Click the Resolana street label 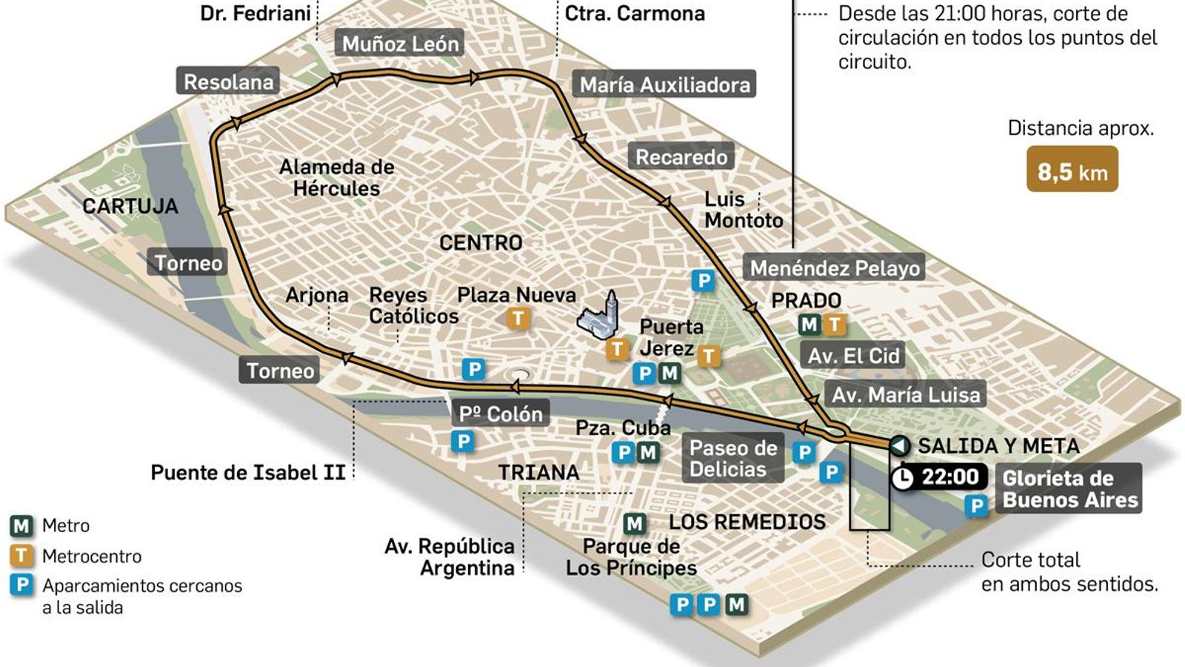tap(228, 82)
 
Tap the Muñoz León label tap(400, 44)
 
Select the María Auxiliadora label tap(664, 84)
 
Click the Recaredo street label tap(681, 157)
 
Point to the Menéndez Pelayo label tap(835, 268)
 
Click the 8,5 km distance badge tap(1072, 172)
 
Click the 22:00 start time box tap(950, 477)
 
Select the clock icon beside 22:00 tap(902, 478)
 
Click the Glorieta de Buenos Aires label tap(1069, 488)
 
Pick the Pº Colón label tap(501, 414)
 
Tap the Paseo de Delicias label tap(732, 458)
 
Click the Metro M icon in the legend tap(21, 526)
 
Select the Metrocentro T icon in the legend tap(21, 556)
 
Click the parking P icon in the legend tap(21, 585)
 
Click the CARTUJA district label tap(130, 206)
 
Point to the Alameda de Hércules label tap(336, 178)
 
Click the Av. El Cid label tap(853, 356)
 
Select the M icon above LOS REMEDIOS tap(634, 524)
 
